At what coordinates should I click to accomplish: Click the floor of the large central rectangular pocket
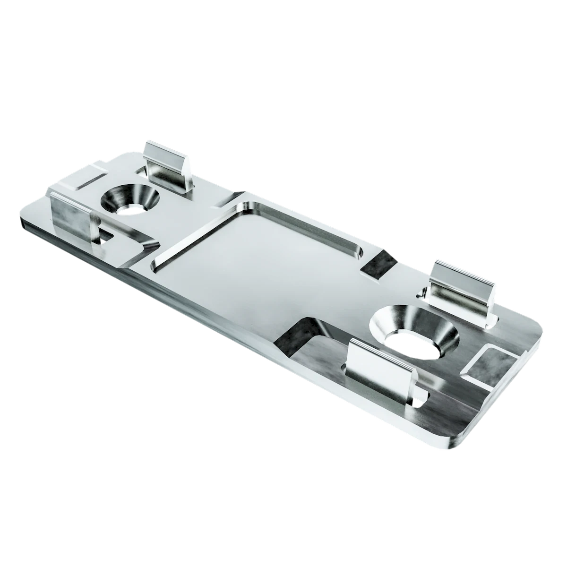pyautogui.click(x=255, y=265)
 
